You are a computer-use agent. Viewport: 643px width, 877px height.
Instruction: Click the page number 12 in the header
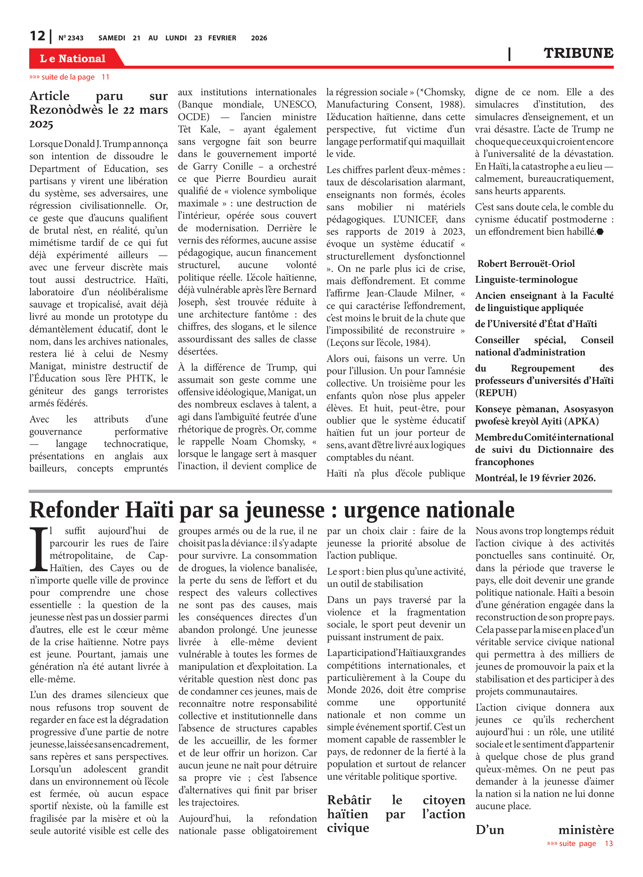tap(37, 36)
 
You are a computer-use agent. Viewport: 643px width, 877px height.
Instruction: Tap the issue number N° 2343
tap(71, 38)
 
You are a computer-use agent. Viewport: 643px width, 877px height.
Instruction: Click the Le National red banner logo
tap(73, 58)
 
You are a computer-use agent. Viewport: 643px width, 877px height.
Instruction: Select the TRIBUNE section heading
tap(578, 53)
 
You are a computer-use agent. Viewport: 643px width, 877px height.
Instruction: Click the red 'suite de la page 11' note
tap(69, 77)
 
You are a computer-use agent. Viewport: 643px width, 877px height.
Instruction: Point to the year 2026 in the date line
tap(259, 38)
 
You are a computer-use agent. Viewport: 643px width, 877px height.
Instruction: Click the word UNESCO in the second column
tap(295, 104)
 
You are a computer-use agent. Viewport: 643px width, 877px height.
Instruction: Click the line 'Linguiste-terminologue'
tap(526, 279)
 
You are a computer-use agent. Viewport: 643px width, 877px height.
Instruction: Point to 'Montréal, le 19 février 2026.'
tap(535, 478)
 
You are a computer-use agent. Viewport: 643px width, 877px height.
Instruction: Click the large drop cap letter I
tap(39, 549)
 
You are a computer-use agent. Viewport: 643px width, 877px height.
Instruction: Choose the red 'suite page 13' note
tap(580, 843)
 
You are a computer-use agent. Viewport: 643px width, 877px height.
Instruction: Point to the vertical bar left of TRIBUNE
tap(509, 54)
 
